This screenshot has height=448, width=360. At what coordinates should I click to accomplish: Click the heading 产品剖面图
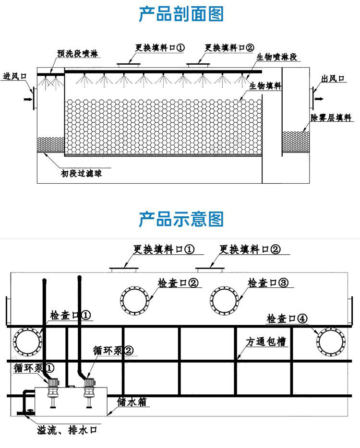180,14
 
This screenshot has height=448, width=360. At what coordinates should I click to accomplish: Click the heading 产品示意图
180,219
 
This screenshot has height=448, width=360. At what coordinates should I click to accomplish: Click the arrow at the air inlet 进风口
26,99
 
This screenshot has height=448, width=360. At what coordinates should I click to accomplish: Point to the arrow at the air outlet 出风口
318,99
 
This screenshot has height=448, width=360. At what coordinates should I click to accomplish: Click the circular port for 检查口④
331,342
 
